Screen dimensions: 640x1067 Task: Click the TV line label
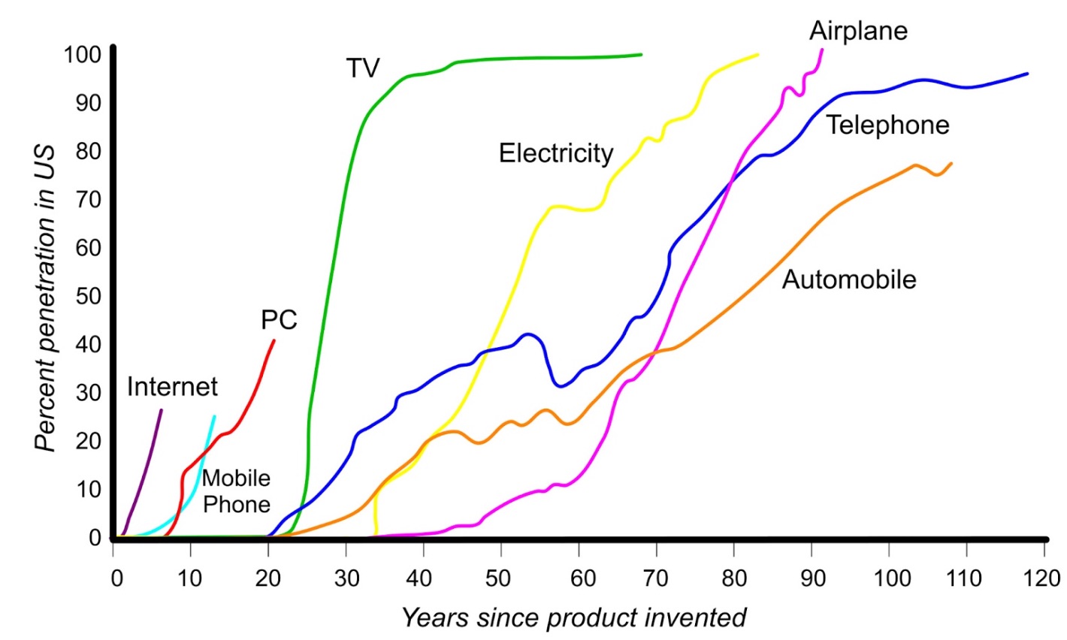pos(363,68)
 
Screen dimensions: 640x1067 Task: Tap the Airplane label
pos(858,31)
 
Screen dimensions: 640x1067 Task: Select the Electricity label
pos(556,153)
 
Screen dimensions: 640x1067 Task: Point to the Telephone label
pos(887,125)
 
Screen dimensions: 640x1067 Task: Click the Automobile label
pos(849,279)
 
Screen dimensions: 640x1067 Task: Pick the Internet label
pos(172,387)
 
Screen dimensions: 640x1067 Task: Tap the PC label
pos(279,320)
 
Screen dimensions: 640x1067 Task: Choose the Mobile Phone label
pos(236,491)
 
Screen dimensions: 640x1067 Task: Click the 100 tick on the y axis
pos(83,55)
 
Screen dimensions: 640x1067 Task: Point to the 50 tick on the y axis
pos(89,296)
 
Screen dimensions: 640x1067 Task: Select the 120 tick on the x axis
pos(1044,578)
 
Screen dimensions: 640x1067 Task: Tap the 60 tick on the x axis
pos(579,578)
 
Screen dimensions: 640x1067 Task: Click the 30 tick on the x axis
pos(346,578)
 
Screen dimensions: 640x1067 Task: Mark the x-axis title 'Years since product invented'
pos(574,617)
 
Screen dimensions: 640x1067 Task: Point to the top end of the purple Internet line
pos(161,410)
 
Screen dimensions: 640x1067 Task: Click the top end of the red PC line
pos(274,340)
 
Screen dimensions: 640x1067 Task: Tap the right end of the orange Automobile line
pos(951,163)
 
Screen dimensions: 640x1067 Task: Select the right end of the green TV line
pos(641,54)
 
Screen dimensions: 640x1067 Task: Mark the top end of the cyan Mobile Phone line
pos(214,417)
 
